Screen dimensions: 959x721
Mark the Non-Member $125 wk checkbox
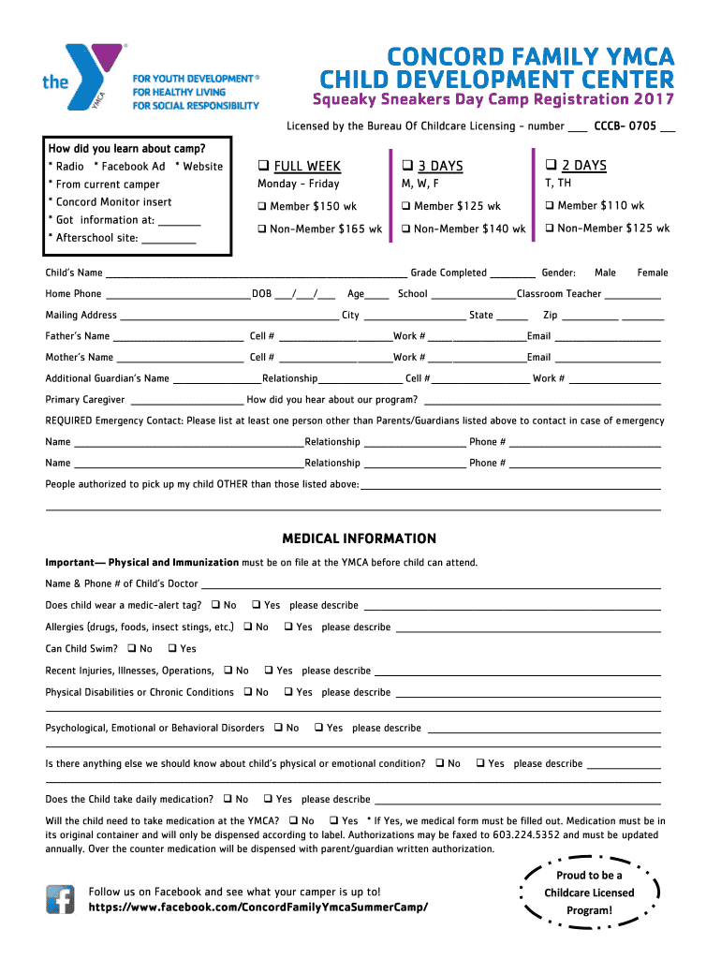click(551, 229)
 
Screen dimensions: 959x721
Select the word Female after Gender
click(653, 273)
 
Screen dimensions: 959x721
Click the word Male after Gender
click(605, 273)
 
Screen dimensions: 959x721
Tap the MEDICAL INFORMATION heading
click(360, 539)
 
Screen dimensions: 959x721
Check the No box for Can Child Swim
click(132, 649)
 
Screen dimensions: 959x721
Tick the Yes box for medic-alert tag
click(257, 606)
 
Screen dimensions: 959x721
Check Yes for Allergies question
click(288, 627)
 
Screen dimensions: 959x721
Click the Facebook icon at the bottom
click(61, 899)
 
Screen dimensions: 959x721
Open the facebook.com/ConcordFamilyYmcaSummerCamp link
click(258, 908)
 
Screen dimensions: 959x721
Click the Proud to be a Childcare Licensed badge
click(589, 893)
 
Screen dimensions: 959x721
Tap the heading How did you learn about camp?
click(127, 148)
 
